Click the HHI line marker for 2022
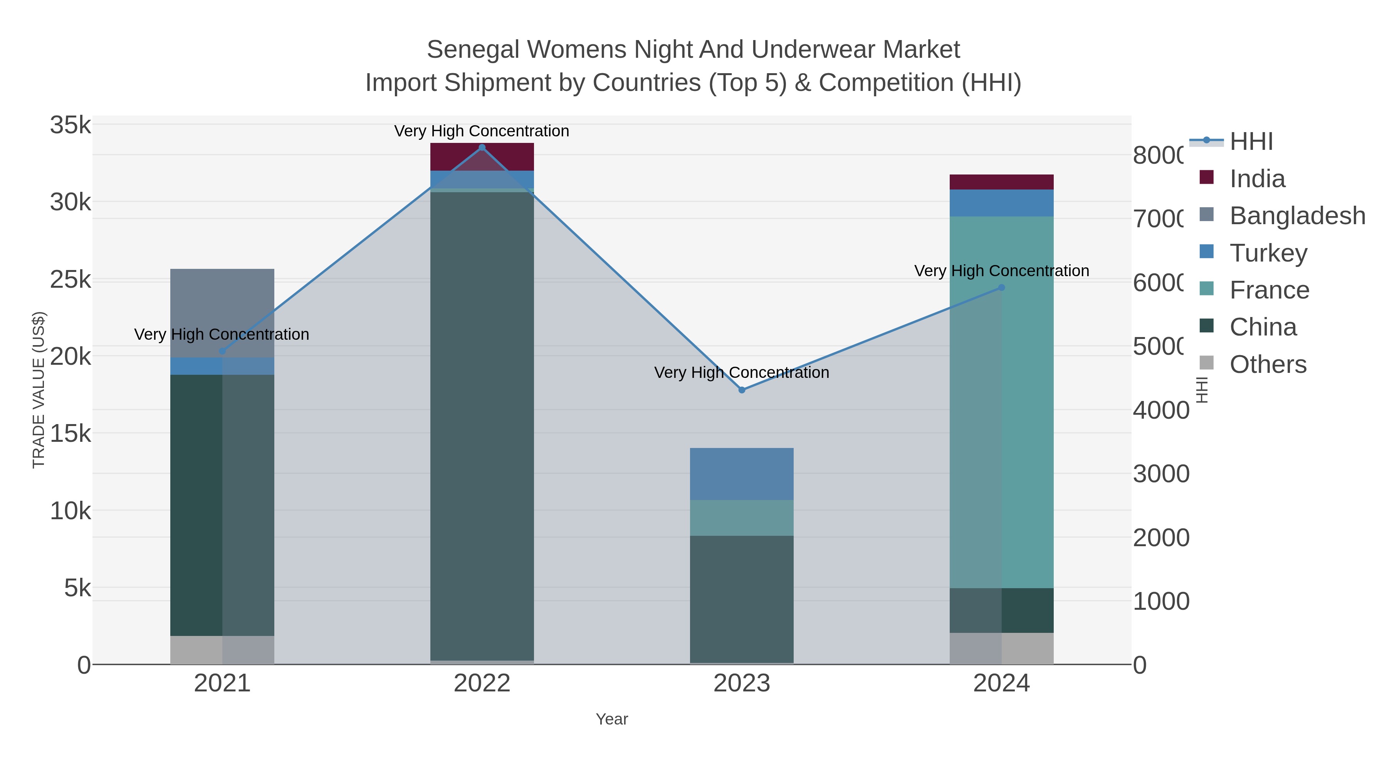482,148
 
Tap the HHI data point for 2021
222,351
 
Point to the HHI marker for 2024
1001,287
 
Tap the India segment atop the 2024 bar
1001,182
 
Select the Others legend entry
1268,364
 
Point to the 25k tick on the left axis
71,279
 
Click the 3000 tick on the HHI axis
1160,474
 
